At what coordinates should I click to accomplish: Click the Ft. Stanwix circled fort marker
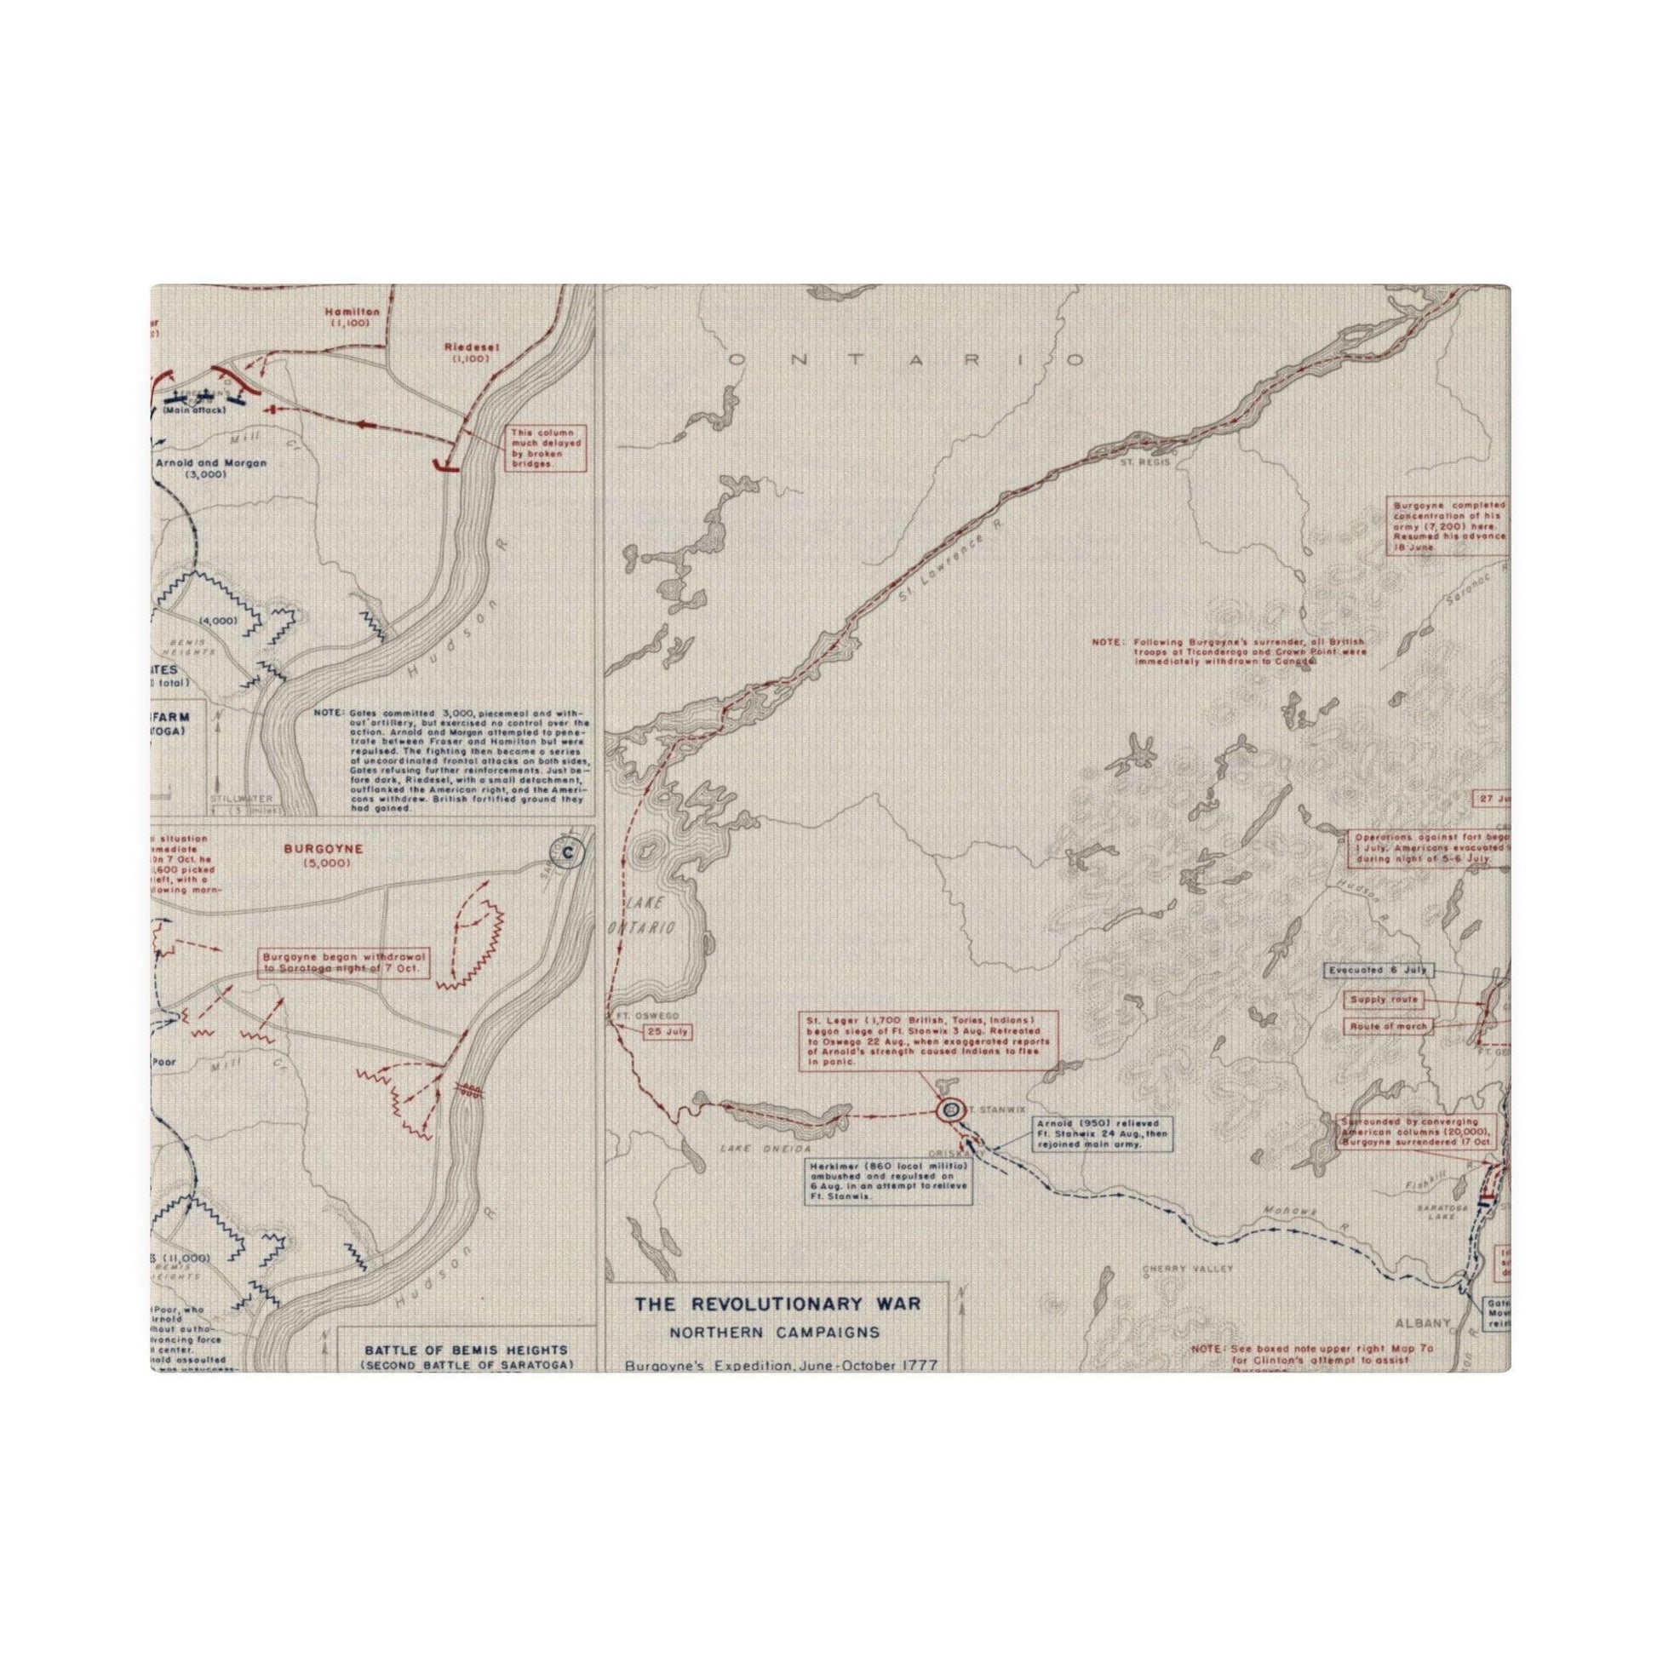tap(949, 1109)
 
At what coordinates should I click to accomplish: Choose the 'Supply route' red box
tap(1383, 1000)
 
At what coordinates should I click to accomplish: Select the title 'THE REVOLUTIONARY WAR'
tap(778, 1328)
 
